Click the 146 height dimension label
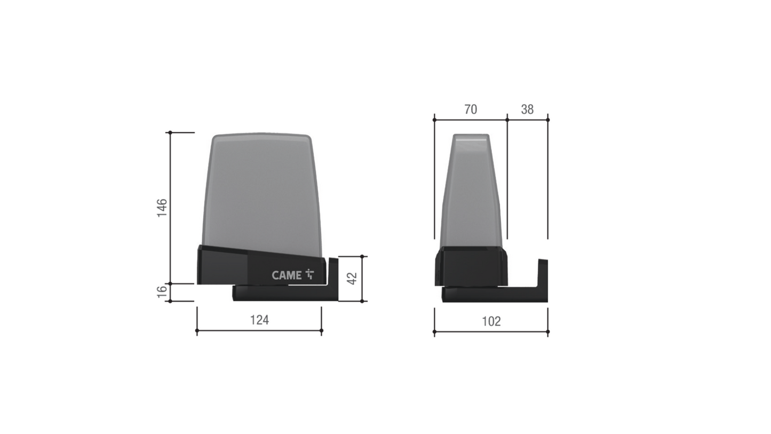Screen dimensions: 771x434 point(162,208)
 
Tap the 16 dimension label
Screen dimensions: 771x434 point(162,292)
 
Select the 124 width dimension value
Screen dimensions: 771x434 point(259,320)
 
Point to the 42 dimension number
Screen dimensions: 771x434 point(352,278)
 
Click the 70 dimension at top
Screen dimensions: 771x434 point(471,109)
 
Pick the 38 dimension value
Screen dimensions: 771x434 point(527,109)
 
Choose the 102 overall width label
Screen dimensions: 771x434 point(491,321)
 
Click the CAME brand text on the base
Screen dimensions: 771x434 point(287,275)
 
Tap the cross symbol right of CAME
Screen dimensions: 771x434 point(309,274)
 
